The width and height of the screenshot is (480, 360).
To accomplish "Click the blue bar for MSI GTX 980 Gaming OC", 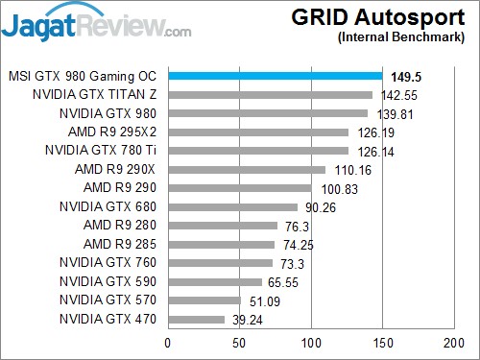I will click(275, 76).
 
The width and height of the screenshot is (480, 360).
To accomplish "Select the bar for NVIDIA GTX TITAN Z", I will click(270, 95).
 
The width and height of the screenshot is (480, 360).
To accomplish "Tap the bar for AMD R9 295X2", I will click(258, 132).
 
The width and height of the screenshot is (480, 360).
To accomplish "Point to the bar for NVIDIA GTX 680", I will click(232, 206).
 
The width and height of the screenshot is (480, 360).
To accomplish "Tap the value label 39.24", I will click(245, 321).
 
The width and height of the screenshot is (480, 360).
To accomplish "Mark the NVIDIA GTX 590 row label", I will click(109, 281).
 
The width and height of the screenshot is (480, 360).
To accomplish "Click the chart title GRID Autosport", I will click(395, 18).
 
